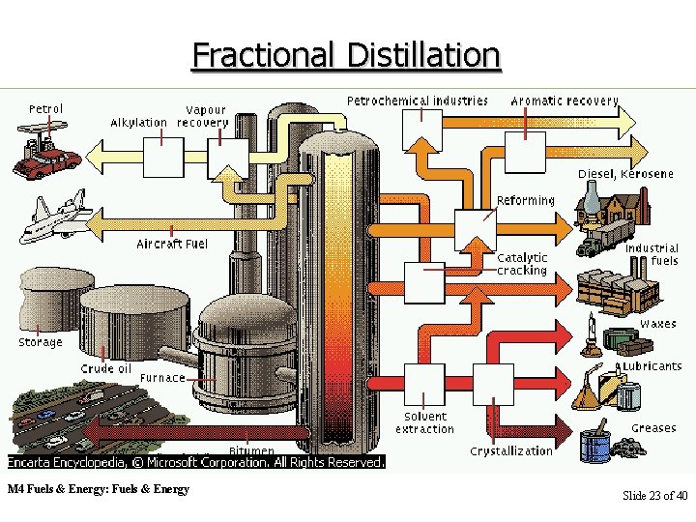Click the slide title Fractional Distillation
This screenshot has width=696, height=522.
346,54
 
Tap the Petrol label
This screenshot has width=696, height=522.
45,108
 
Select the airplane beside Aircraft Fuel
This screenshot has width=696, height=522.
57,218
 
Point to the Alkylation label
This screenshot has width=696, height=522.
138,123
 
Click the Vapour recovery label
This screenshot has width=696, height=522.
204,117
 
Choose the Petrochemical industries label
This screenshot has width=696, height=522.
417,101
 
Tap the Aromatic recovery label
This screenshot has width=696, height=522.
564,101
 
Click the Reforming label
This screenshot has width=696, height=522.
525,201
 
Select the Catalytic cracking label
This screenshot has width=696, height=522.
522,264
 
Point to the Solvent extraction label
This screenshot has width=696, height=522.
424,422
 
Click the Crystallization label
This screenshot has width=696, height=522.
511,450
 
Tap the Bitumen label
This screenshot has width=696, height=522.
250,450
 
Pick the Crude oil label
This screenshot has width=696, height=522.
105,368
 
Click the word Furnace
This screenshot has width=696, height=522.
161,378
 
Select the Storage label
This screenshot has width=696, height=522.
41,342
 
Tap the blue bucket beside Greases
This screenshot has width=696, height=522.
594,445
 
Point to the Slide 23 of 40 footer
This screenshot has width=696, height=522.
654,496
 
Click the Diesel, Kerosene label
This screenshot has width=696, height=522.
625,174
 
